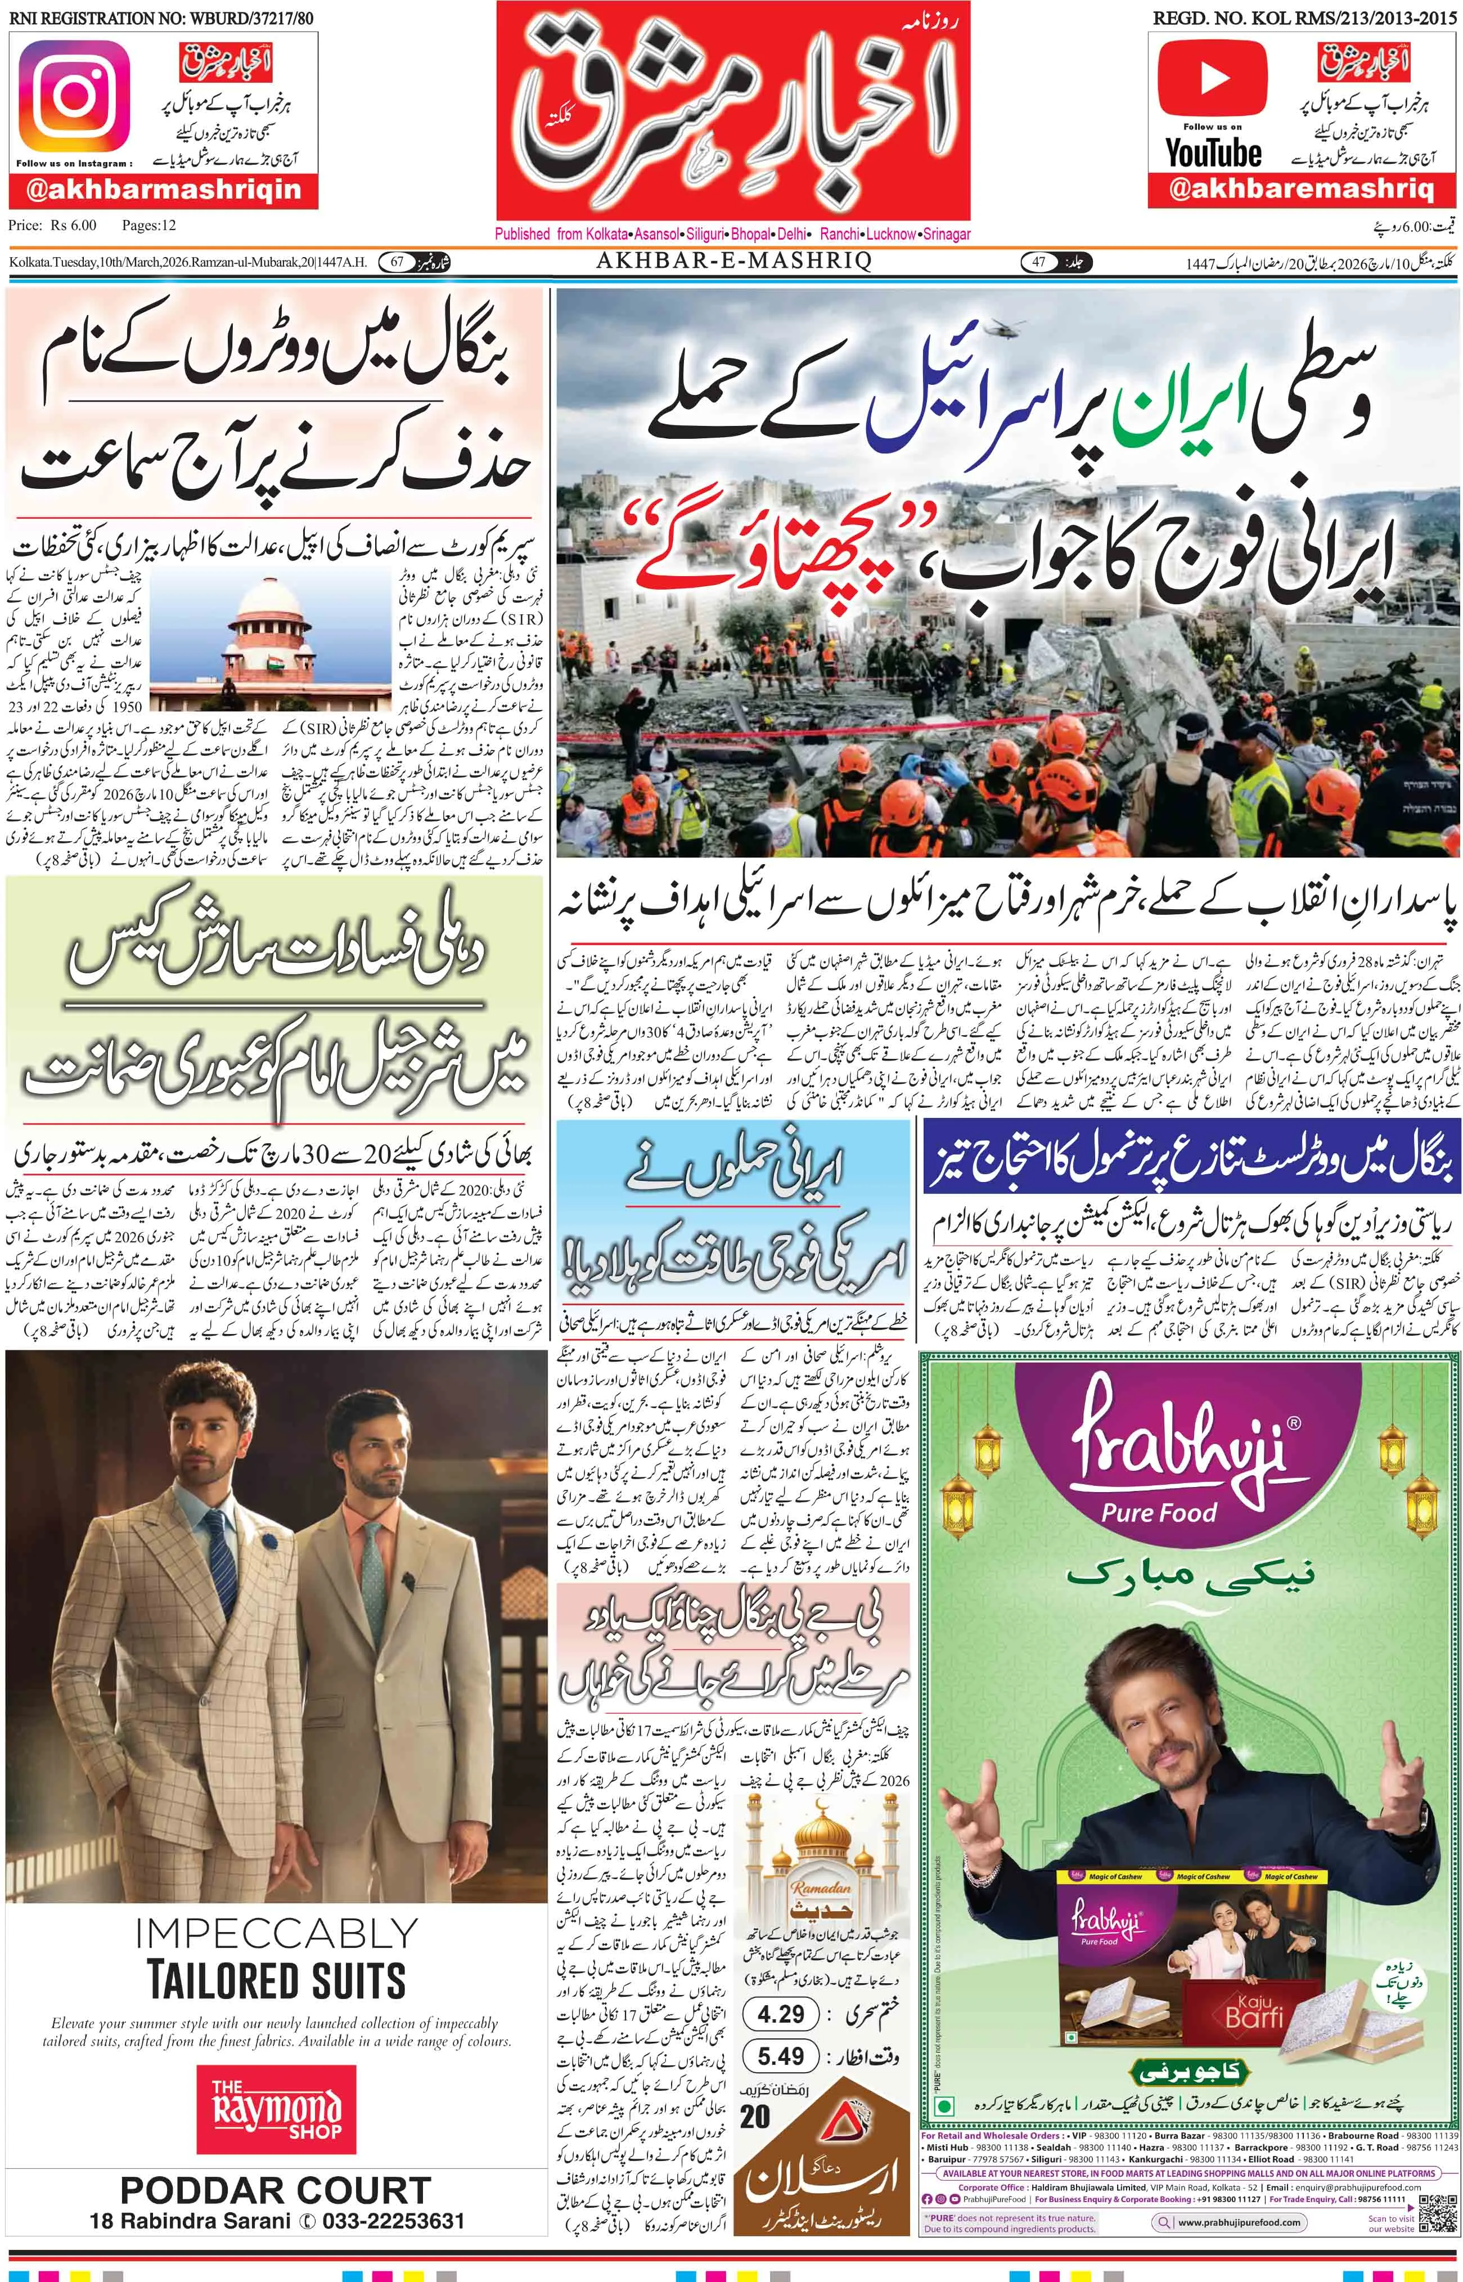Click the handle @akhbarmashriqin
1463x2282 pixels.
tap(164, 189)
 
